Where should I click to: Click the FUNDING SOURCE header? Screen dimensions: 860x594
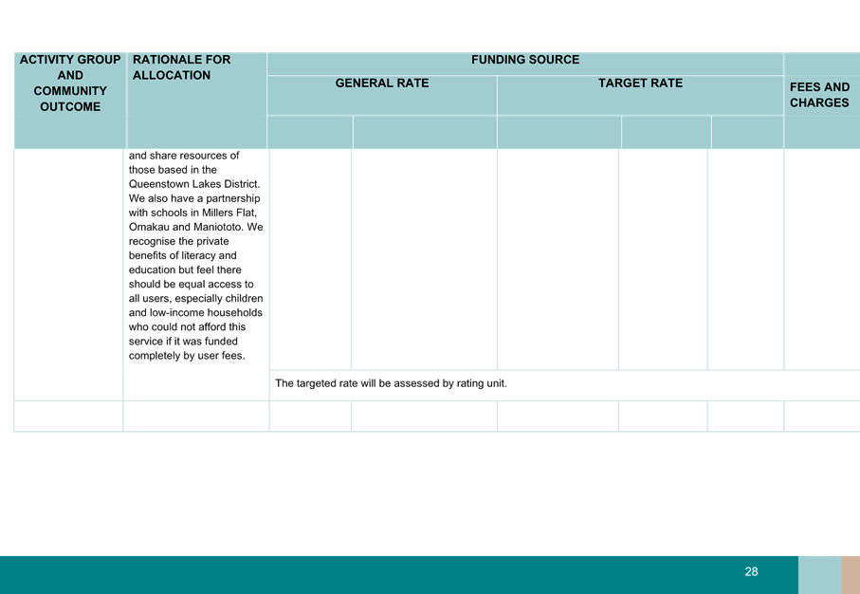pos(525,60)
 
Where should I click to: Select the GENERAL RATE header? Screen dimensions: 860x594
pos(382,84)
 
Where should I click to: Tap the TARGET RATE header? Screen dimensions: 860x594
pos(640,84)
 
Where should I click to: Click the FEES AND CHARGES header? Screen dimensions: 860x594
pos(819,95)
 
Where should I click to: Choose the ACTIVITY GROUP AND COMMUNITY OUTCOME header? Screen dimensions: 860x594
pos(70,83)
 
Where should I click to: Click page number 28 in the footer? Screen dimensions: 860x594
pos(751,572)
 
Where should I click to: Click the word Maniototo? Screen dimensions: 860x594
pos(221,227)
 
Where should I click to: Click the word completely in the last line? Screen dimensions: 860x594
pos(155,356)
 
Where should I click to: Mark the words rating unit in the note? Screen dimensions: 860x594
pos(482,383)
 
